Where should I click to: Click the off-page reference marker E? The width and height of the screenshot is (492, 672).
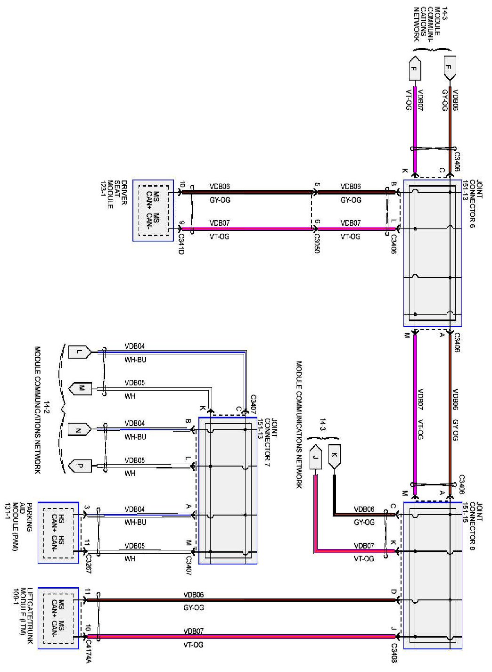click(450, 68)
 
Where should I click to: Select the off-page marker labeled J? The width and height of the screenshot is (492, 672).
click(316, 457)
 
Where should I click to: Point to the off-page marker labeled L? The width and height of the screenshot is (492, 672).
click(80, 352)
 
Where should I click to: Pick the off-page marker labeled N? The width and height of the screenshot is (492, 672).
click(80, 429)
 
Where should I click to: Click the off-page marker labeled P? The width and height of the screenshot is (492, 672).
click(80, 466)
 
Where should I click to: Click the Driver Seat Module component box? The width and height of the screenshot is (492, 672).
click(153, 211)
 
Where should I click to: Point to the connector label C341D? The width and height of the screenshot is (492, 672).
click(181, 244)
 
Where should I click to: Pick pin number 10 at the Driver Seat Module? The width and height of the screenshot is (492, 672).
click(181, 184)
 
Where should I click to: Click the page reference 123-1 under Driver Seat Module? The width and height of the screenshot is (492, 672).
click(103, 195)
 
